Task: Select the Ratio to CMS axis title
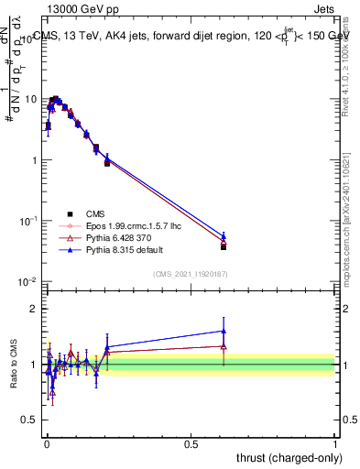pos(13,365)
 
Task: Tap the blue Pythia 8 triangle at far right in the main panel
pos(224,236)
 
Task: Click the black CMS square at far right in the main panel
pos(224,246)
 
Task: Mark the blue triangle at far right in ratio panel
pos(224,332)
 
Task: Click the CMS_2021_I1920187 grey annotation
pos(190,274)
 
